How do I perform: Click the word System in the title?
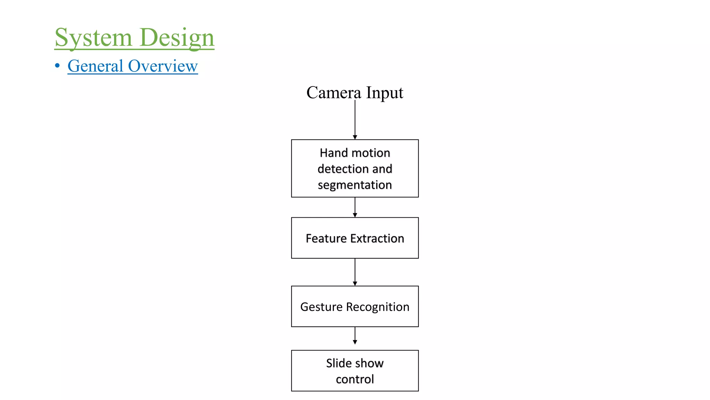pyautogui.click(x=93, y=37)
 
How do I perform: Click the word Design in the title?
pyautogui.click(x=177, y=37)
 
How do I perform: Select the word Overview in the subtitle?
pyautogui.click(x=163, y=66)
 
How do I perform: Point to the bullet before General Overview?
pyautogui.click(x=57, y=66)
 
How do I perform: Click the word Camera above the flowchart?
pyautogui.click(x=334, y=93)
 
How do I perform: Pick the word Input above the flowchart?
pyautogui.click(x=384, y=93)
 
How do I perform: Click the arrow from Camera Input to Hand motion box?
pyautogui.click(x=355, y=120)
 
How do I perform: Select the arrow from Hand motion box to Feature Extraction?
pyautogui.click(x=355, y=207)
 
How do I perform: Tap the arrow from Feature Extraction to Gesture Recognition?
pyautogui.click(x=355, y=272)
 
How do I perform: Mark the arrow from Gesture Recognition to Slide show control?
pyautogui.click(x=355, y=335)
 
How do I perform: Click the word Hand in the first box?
pyautogui.click(x=334, y=153)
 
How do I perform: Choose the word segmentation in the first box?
pyautogui.click(x=355, y=185)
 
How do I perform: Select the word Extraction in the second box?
pyautogui.click(x=377, y=239)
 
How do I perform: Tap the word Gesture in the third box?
pyautogui.click(x=321, y=307)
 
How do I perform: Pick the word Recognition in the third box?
pyautogui.click(x=378, y=307)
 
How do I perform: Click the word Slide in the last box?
pyautogui.click(x=339, y=363)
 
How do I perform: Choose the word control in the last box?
pyautogui.click(x=355, y=379)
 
